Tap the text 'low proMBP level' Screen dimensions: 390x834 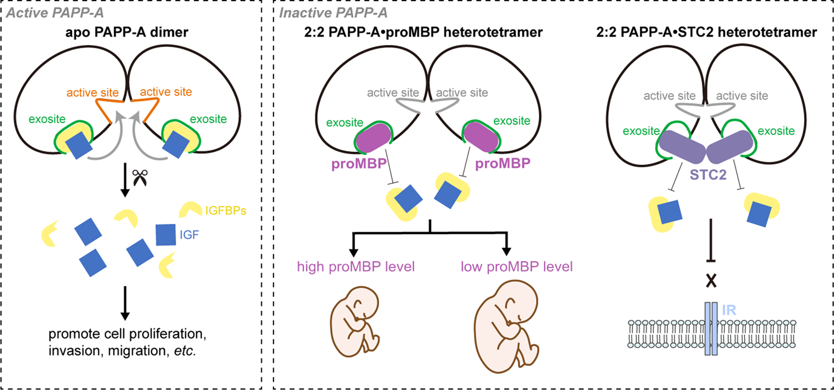(x=517, y=266)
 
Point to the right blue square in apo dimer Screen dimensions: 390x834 (x=178, y=142)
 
